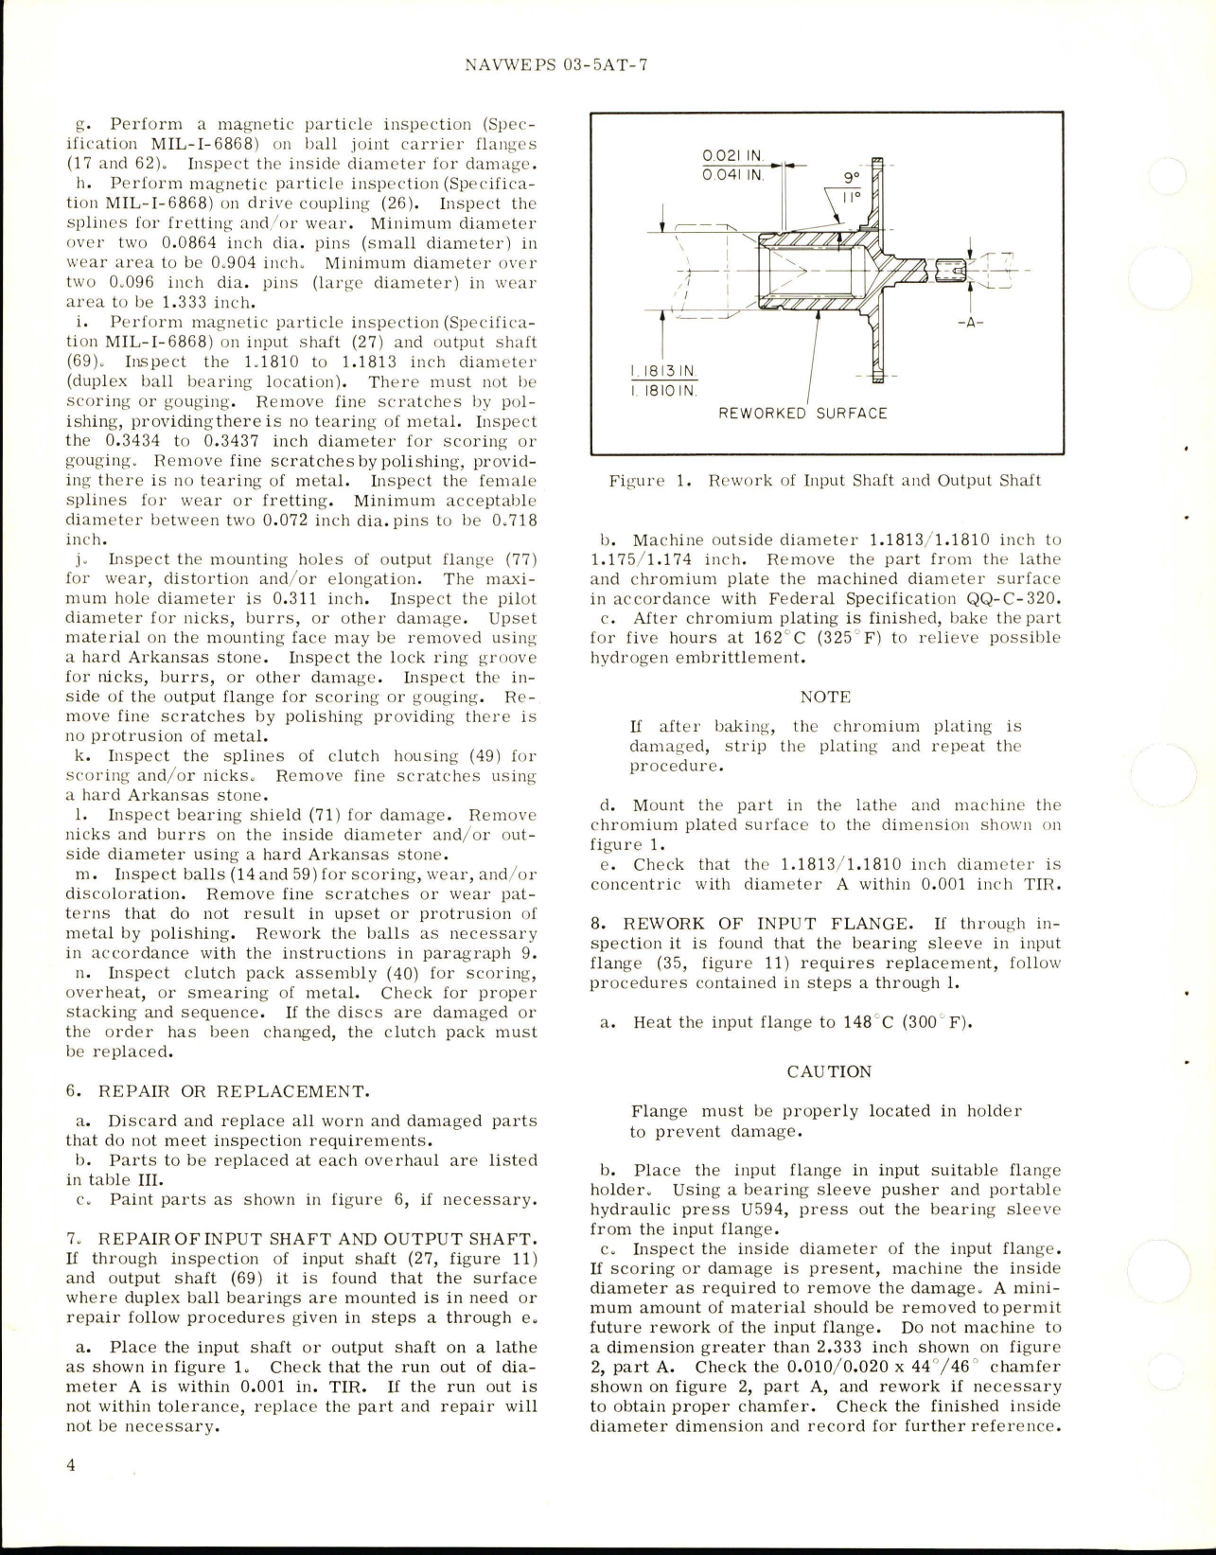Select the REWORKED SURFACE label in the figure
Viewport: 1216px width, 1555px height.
[802, 414]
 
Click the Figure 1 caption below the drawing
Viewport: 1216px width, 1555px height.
[825, 480]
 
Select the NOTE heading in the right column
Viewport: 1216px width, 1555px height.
[825, 697]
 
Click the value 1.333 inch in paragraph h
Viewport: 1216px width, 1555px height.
[201, 303]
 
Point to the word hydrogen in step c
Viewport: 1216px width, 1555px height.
[628, 657]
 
